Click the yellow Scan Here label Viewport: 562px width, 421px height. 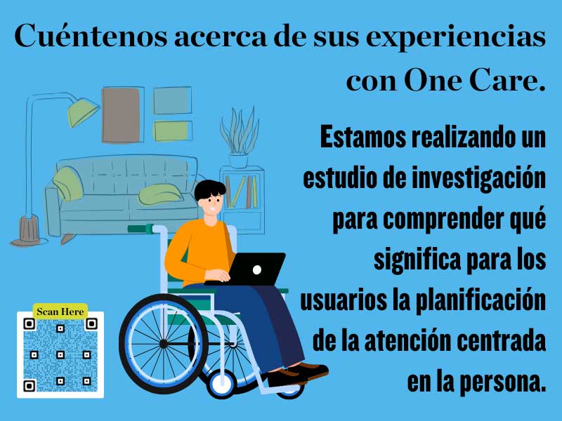coord(60,311)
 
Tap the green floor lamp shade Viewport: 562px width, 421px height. coord(84,111)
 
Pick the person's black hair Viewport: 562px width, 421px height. coord(210,190)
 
